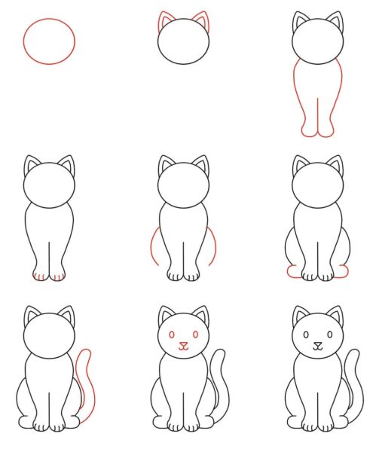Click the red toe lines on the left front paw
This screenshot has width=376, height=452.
pyautogui.click(x=39, y=276)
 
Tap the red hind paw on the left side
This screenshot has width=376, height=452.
pyautogui.click(x=292, y=271)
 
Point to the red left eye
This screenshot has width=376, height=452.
pyautogui.click(x=172, y=334)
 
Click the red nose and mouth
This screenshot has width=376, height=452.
pyautogui.click(x=183, y=347)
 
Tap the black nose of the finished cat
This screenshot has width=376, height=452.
pyautogui.click(x=317, y=346)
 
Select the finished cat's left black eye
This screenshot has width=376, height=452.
pyautogui.click(x=306, y=334)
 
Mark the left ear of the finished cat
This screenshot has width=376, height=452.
pyautogui.click(x=301, y=315)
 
